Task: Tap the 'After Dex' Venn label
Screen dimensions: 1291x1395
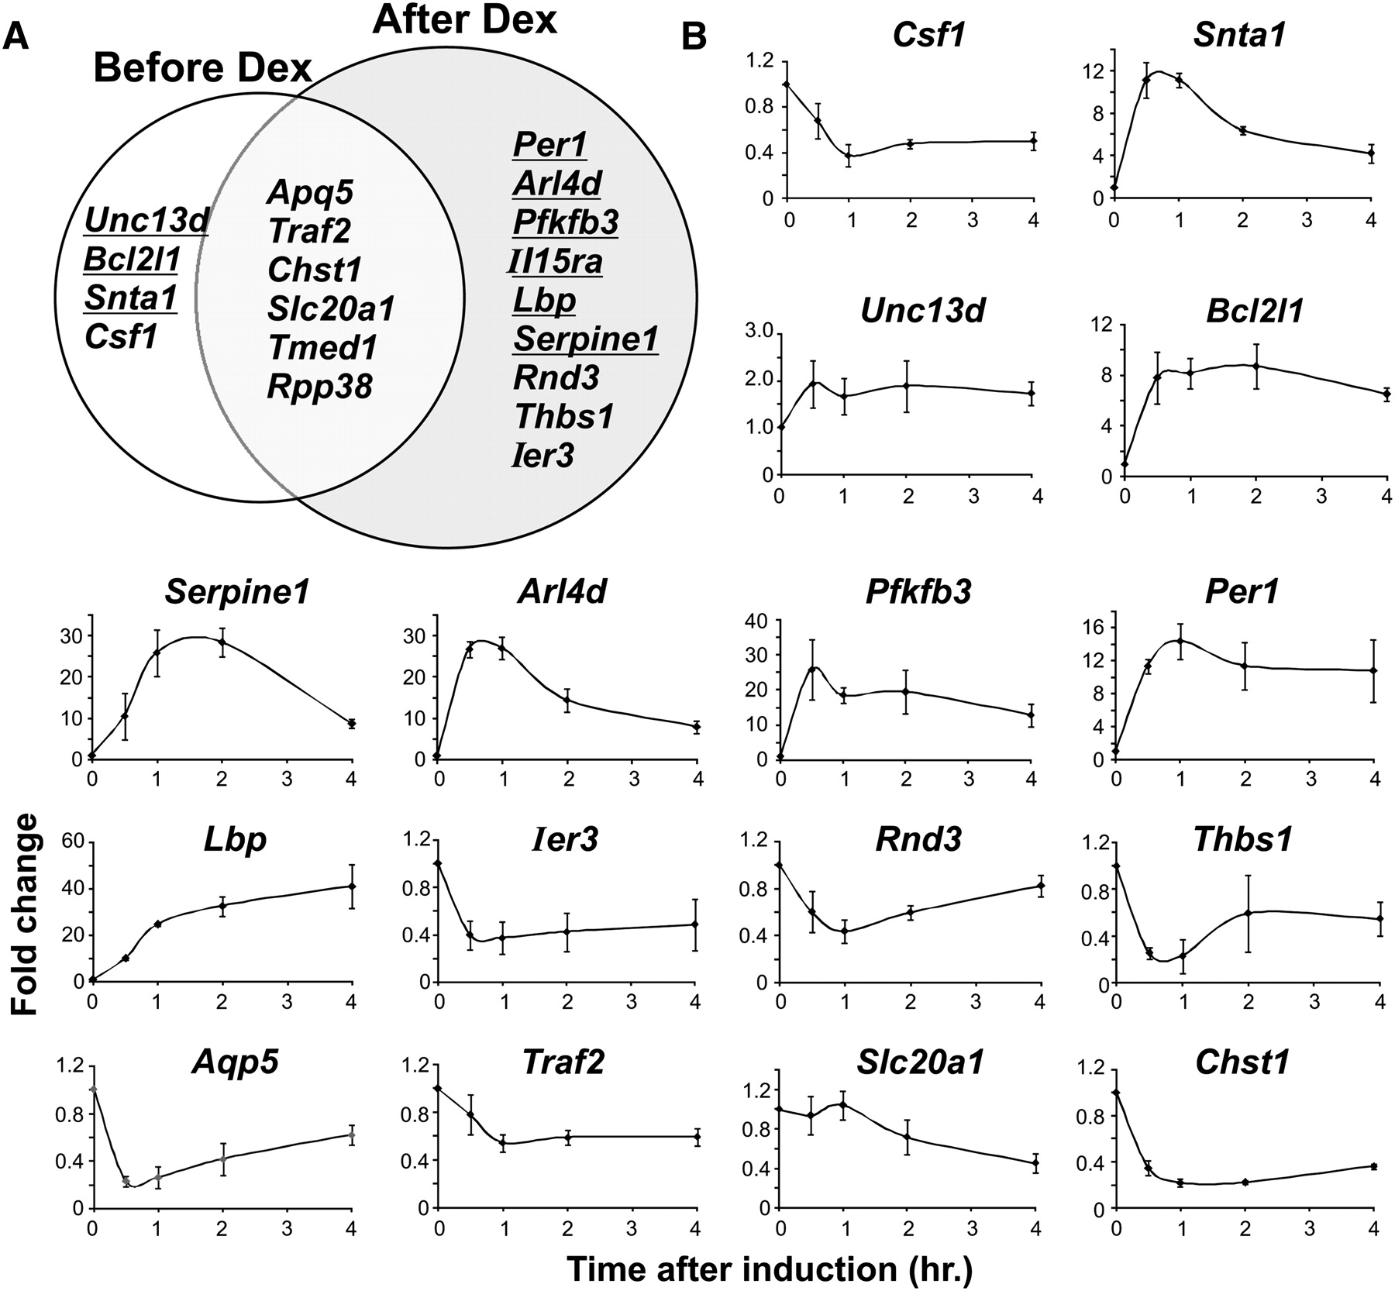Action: tap(464, 20)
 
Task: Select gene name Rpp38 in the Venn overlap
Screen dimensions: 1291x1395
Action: tap(319, 386)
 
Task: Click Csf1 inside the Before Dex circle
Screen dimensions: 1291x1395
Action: tap(121, 336)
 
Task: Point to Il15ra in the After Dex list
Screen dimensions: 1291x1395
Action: tap(555, 262)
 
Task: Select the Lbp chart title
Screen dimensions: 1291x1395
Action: tap(235, 839)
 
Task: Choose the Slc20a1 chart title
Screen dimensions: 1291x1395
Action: tap(920, 1062)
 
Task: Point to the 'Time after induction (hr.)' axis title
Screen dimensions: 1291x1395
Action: tap(769, 1269)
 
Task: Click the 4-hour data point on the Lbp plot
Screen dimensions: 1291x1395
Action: tap(352, 886)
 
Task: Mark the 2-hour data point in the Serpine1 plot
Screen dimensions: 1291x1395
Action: tap(222, 642)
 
